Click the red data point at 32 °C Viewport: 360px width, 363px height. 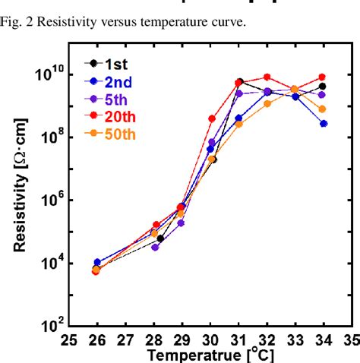(267, 77)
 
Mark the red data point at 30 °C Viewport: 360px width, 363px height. (212, 118)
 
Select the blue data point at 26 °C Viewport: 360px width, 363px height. (96, 262)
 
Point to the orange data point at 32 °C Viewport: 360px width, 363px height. (267, 103)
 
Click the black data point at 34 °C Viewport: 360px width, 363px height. (323, 87)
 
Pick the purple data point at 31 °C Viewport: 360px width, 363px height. (239, 93)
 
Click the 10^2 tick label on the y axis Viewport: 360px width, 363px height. (51, 327)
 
